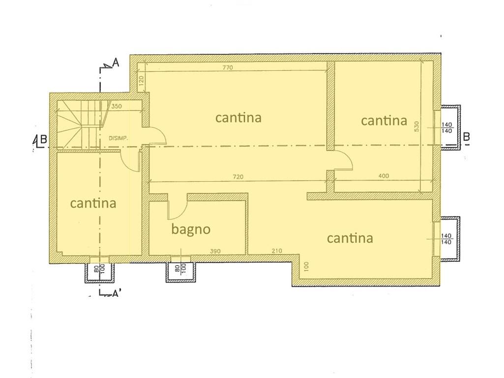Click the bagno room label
click(x=191, y=229)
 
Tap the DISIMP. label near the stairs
click(x=119, y=138)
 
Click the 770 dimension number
click(x=228, y=67)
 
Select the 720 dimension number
click(x=238, y=177)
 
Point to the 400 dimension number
click(x=384, y=176)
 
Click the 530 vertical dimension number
click(x=417, y=126)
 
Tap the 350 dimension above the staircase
click(x=117, y=106)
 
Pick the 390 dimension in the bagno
click(x=215, y=251)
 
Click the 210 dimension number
click(x=276, y=251)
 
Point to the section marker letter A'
click(x=117, y=293)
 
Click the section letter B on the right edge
click(x=467, y=137)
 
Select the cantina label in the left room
click(x=93, y=203)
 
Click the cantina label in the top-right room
click(x=384, y=121)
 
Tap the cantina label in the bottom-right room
click(x=350, y=238)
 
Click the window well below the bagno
click(x=180, y=272)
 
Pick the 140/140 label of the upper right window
click(x=447, y=127)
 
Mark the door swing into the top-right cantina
click(x=343, y=160)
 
